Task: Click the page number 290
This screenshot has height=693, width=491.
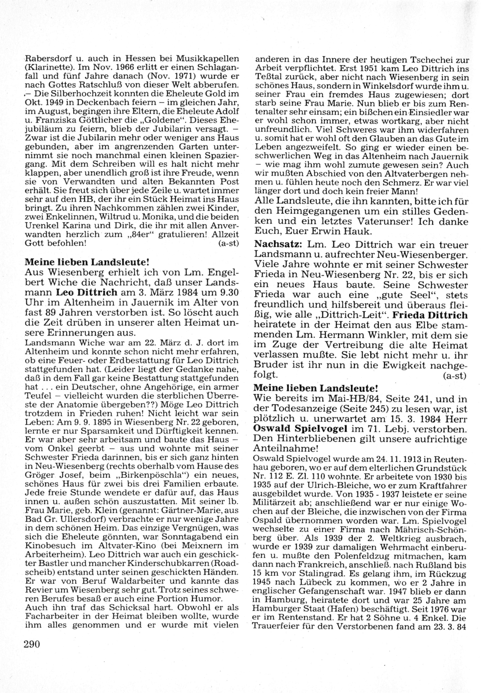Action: pos(31,643)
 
